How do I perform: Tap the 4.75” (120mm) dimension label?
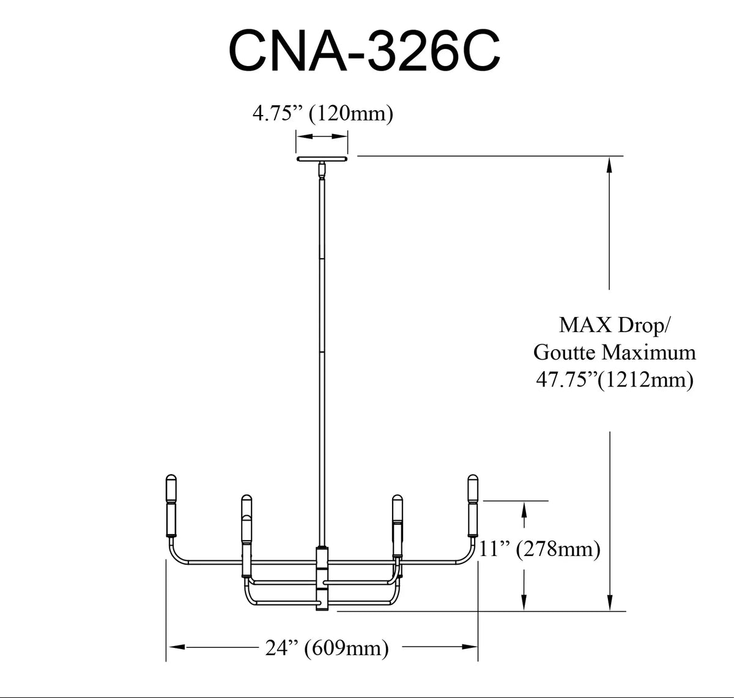(x=323, y=113)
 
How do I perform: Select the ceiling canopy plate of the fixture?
(x=322, y=158)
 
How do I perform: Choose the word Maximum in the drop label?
(x=649, y=352)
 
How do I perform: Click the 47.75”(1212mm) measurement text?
(x=615, y=380)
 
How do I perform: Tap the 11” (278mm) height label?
(x=539, y=549)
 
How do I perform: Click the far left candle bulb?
(x=171, y=506)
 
